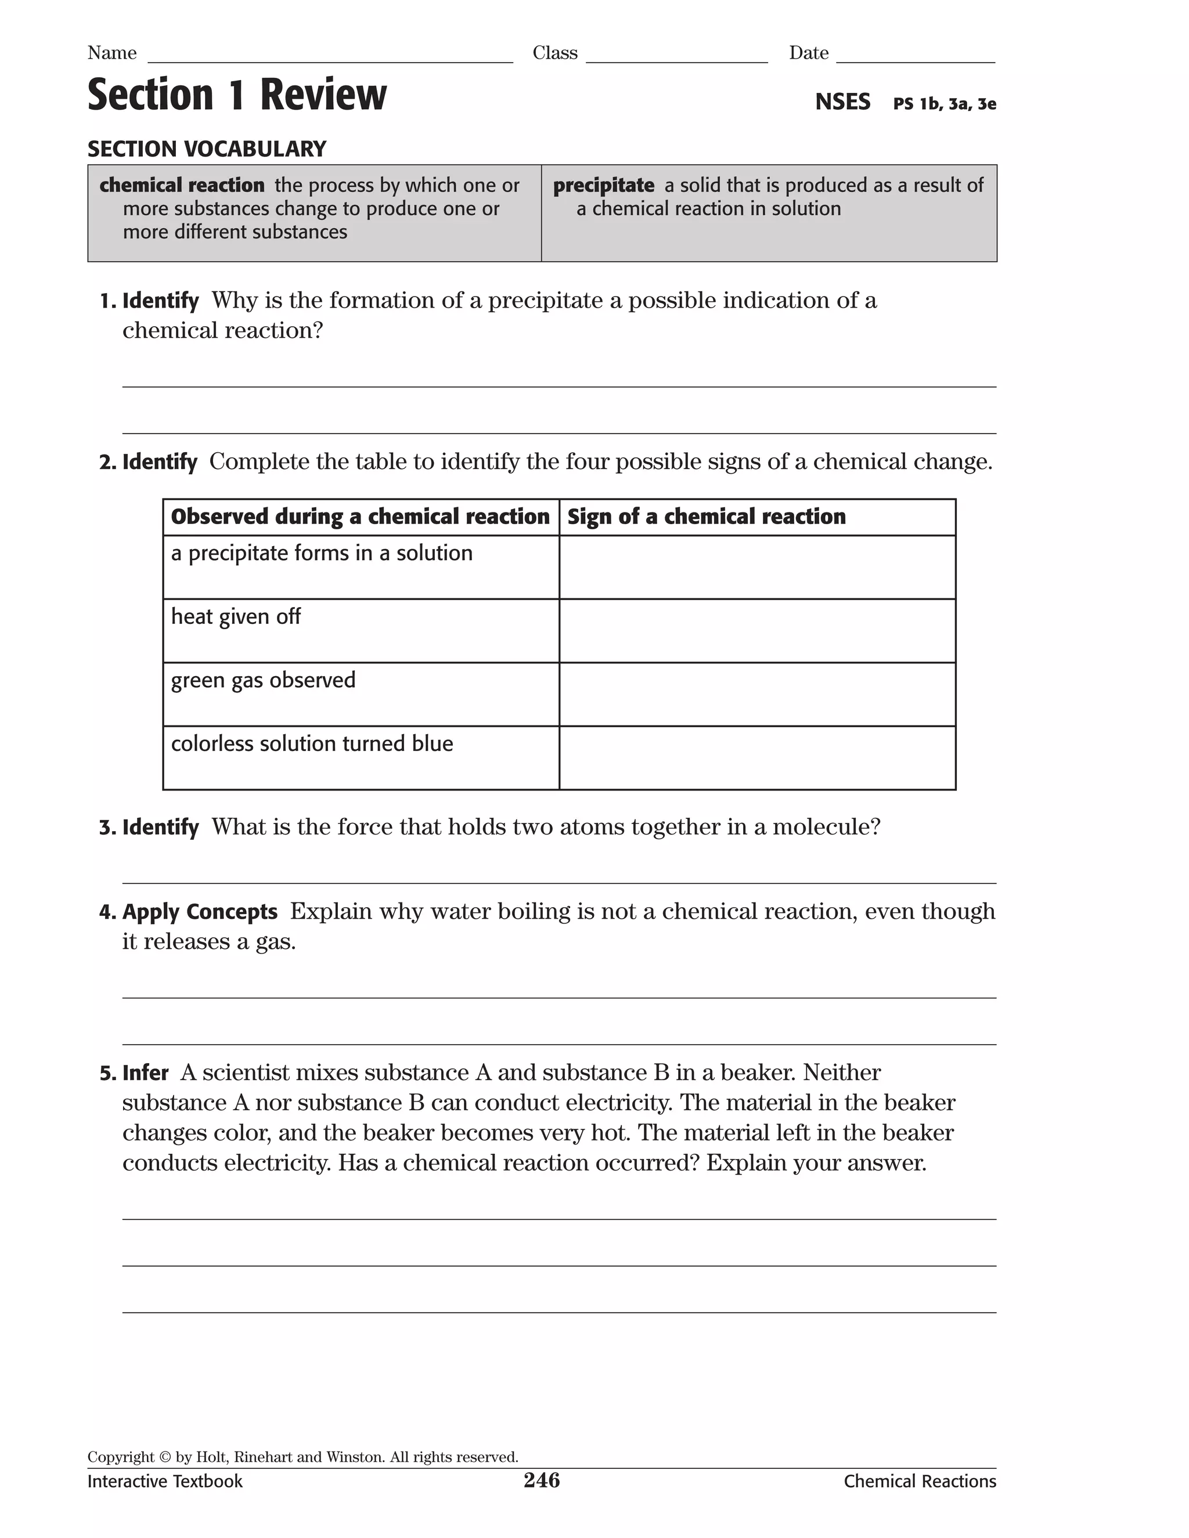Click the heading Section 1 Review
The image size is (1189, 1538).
pos(237,95)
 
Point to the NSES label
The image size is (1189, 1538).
pos(842,102)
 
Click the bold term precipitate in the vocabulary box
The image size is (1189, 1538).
pos(603,185)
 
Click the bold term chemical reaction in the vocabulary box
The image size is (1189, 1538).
pos(182,185)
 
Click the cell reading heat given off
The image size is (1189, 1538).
pos(236,617)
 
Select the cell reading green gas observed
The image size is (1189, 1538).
pos(263,680)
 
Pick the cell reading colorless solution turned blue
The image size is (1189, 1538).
pos(312,743)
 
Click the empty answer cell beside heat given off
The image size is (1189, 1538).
pos(757,631)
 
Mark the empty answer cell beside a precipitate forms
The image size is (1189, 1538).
pos(757,568)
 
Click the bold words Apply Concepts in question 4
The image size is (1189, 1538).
pos(200,911)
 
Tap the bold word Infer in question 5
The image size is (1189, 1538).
pos(145,1073)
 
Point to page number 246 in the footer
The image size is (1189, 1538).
pos(542,1481)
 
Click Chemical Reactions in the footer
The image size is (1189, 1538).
pos(919,1482)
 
